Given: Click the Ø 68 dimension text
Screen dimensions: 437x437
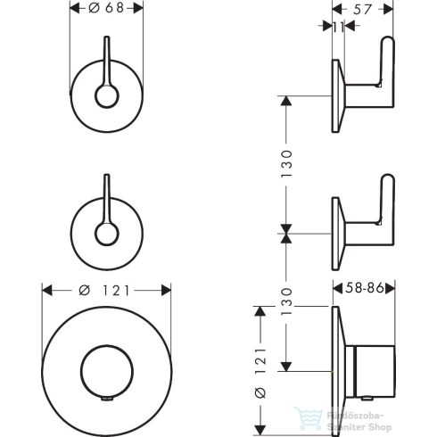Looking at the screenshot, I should click(x=107, y=7).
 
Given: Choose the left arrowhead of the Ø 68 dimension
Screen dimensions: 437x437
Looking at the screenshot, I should click(x=73, y=7).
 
